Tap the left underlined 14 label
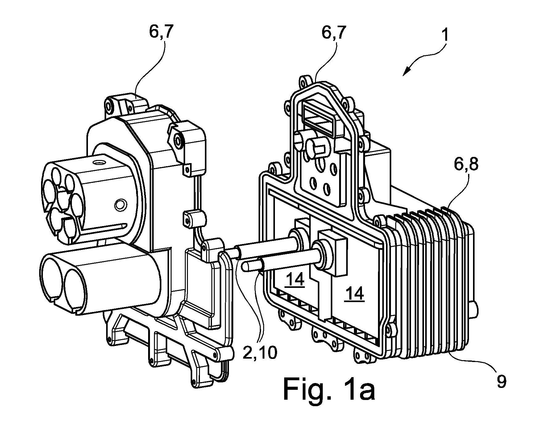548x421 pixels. click(296, 280)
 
